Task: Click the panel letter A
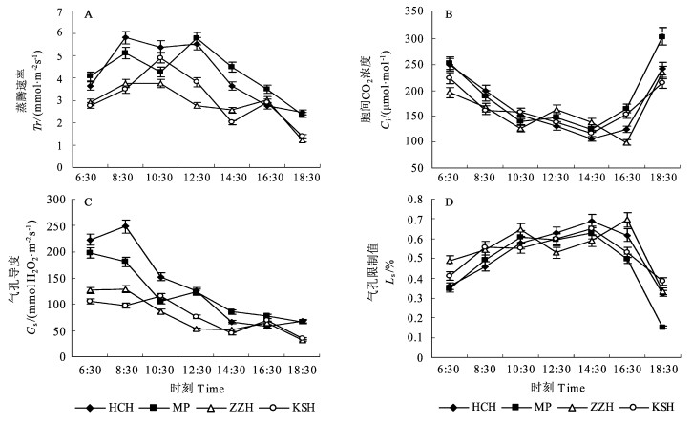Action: [x=88, y=15]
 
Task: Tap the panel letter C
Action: [x=88, y=205]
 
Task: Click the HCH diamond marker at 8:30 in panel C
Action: [x=125, y=226]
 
